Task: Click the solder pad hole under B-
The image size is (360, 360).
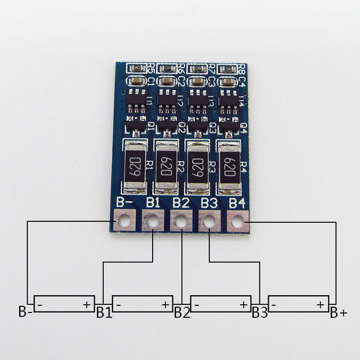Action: pos(124,221)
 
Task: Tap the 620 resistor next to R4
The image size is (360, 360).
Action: pos(229,165)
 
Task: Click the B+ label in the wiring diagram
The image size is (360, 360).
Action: pos(338,313)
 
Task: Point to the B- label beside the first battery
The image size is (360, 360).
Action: pos(25,312)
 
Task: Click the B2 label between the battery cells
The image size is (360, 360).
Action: pos(182,313)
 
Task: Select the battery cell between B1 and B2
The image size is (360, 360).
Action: pos(143,304)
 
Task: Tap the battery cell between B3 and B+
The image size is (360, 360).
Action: pos(299,304)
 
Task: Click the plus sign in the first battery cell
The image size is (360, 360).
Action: pos(87,304)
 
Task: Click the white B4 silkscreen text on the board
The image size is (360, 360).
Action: pos(237,203)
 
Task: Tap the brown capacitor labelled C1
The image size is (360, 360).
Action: pos(138,81)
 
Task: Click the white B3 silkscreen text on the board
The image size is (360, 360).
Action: pos(209,203)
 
